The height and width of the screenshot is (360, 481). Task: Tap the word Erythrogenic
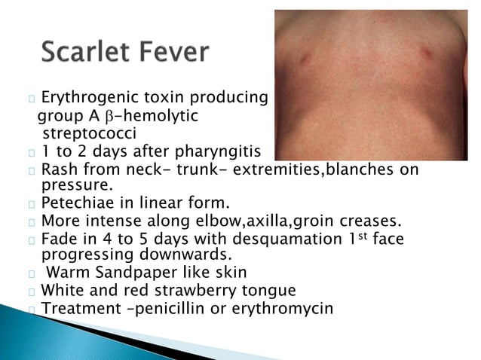pos(88,98)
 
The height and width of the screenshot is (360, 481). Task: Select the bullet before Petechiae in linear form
pos(32,203)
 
